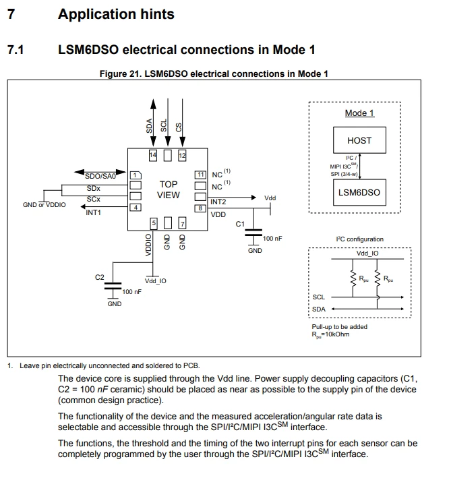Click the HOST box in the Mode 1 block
359,140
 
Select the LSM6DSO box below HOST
359,192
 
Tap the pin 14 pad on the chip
153,156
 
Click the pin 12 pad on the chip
182,156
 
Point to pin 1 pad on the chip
136,175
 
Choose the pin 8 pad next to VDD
200,208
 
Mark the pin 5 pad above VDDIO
154,223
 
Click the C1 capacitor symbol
253,233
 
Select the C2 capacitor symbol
113,286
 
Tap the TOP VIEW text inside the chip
169,189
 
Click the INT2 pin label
218,202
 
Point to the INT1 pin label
93,212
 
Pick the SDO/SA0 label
100,176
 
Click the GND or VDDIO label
44,204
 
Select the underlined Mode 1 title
359,113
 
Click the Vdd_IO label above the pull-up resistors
367,253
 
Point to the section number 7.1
16,50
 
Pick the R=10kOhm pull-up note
330,334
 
